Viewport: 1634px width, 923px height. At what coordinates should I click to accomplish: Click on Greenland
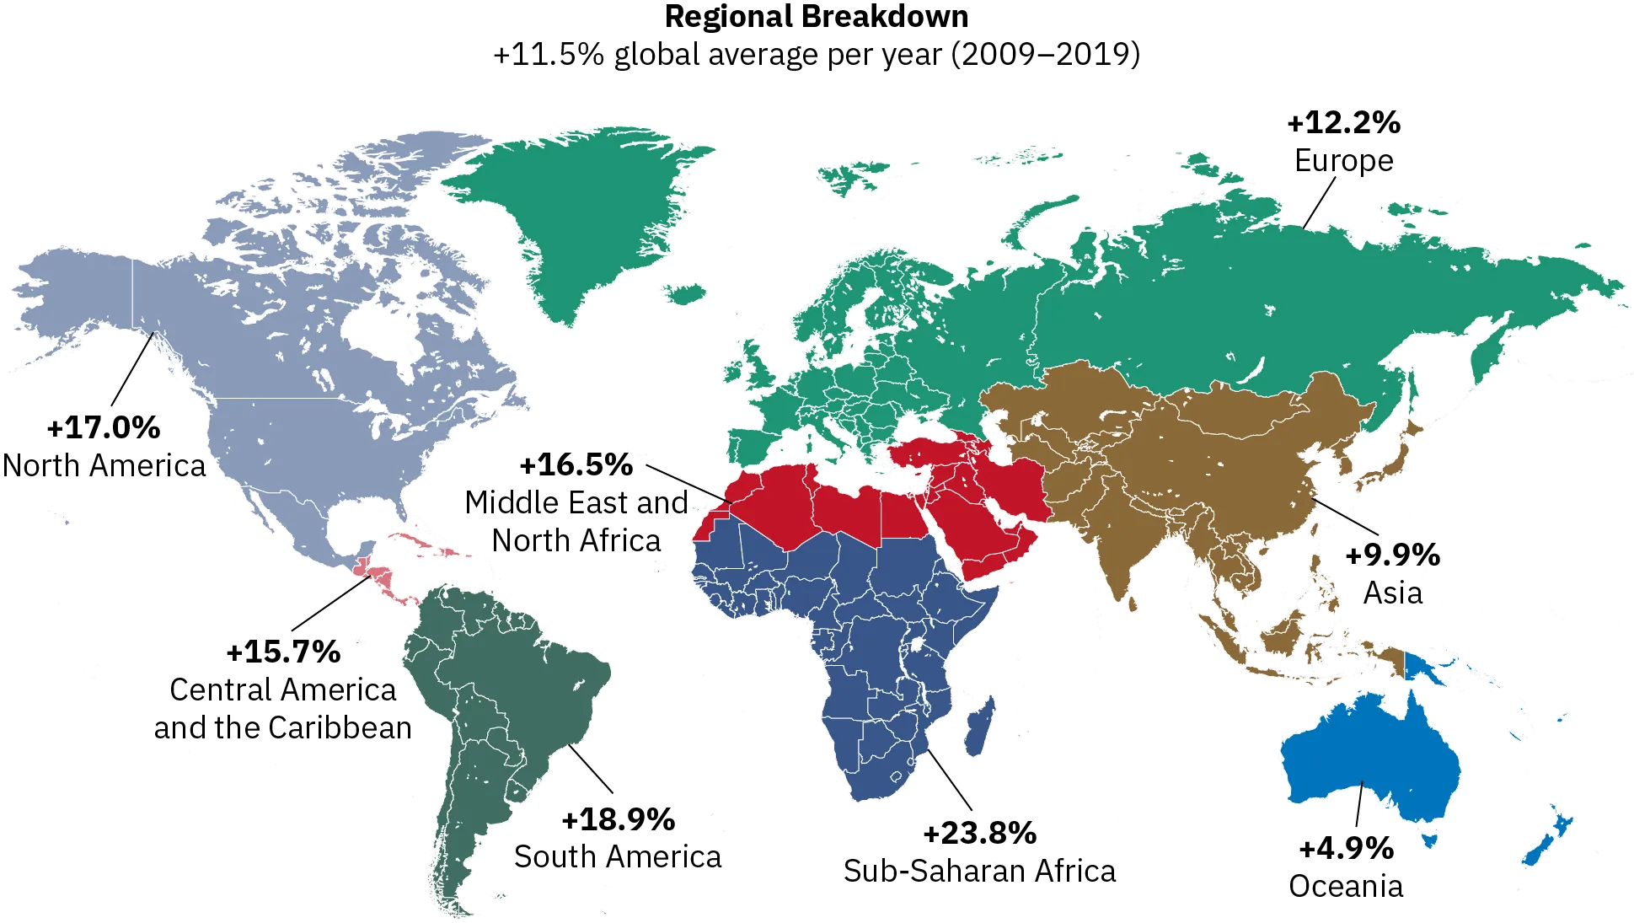coord(581,211)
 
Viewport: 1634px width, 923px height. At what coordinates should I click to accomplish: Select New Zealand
coord(1546,843)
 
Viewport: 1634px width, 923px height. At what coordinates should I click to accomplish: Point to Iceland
coord(684,293)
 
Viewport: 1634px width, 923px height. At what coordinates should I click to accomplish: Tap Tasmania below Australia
coord(1428,840)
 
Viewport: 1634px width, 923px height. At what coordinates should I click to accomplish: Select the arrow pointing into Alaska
coord(131,371)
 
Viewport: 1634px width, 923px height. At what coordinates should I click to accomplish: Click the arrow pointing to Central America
coord(333,604)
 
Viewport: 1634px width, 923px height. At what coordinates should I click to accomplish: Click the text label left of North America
coord(104,447)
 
